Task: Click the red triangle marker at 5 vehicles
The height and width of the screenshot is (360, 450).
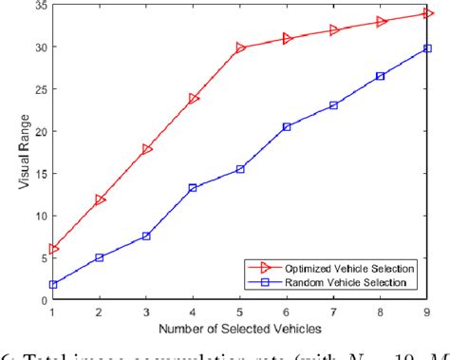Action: pyautogui.click(x=240, y=47)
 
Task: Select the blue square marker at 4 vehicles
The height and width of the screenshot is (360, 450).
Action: pyautogui.click(x=194, y=188)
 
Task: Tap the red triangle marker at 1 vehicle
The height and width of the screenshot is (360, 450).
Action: pyautogui.click(x=54, y=249)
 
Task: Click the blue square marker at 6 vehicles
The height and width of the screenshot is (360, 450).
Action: pyautogui.click(x=287, y=126)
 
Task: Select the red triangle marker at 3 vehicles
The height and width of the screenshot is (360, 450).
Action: pyautogui.click(x=147, y=149)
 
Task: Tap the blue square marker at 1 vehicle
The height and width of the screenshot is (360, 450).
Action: pyautogui.click(x=54, y=284)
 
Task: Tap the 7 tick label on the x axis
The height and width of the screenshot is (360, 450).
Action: pyautogui.click(x=333, y=312)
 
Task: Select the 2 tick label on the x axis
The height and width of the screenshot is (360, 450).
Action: pyautogui.click(x=101, y=312)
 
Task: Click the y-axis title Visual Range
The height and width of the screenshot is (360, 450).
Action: pyautogui.click(x=14, y=152)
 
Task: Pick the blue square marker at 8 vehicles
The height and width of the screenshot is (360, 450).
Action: pyautogui.click(x=380, y=76)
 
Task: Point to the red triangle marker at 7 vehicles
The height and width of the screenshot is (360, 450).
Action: pyautogui.click(x=333, y=30)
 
